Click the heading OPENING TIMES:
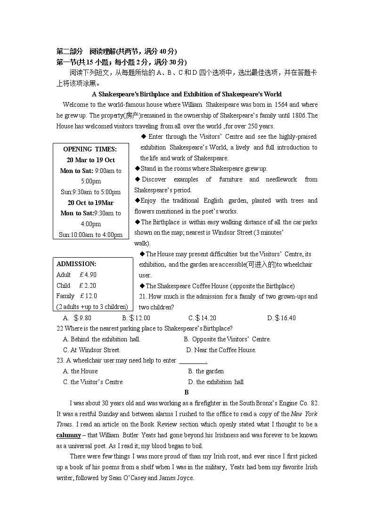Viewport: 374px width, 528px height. click(x=90, y=149)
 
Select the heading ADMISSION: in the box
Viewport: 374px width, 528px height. click(x=76, y=264)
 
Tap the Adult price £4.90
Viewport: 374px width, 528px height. click(x=88, y=275)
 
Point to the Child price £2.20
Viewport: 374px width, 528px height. click(x=88, y=285)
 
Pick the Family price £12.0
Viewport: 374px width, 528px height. click(x=88, y=296)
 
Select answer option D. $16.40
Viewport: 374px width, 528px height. click(x=281, y=318)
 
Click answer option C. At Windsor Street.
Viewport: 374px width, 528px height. click(x=92, y=350)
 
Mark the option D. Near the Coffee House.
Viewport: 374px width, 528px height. click(x=221, y=350)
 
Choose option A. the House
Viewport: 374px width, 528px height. click(x=81, y=371)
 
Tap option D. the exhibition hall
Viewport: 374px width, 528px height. click(x=216, y=382)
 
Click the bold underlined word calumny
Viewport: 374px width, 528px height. click(x=69, y=435)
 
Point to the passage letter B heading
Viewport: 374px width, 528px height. click(x=187, y=393)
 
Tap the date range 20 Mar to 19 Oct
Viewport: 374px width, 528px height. click(x=90, y=160)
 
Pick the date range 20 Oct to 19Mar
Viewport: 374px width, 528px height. click(x=90, y=203)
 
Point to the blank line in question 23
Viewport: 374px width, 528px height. click(x=193, y=361)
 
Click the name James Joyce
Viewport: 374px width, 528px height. click(x=176, y=478)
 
